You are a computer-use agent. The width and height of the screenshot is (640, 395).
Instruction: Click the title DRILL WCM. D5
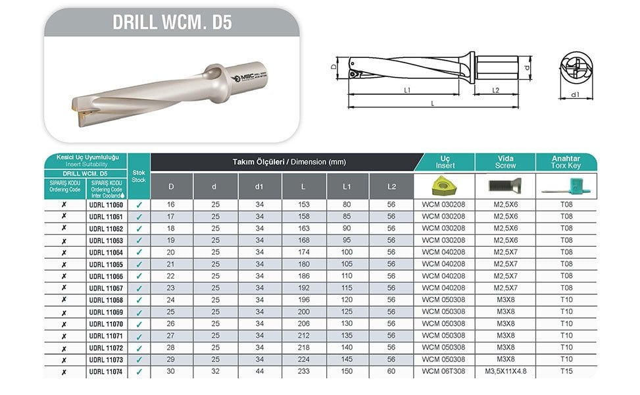click(172, 22)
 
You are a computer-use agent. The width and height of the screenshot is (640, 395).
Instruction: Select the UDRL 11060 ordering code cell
click(105, 205)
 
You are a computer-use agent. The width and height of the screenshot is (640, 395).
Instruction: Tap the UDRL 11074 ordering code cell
click(105, 371)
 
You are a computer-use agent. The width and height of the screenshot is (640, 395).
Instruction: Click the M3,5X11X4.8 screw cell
click(505, 371)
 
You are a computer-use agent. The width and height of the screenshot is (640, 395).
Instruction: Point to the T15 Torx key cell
click(566, 371)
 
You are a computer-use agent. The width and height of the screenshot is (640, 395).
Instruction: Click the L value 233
click(303, 371)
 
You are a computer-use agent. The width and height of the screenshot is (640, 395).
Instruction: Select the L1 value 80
click(347, 205)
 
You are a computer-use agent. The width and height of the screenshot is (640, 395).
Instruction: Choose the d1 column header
click(258, 186)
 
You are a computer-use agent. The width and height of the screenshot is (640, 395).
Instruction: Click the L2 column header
click(391, 186)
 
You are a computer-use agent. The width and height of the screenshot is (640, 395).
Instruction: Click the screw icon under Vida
click(505, 186)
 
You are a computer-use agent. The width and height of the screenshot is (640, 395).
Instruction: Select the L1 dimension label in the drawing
click(408, 90)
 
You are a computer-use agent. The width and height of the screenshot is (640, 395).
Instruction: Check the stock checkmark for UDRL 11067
click(139, 288)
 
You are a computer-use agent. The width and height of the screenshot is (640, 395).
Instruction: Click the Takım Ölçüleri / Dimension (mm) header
click(289, 161)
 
